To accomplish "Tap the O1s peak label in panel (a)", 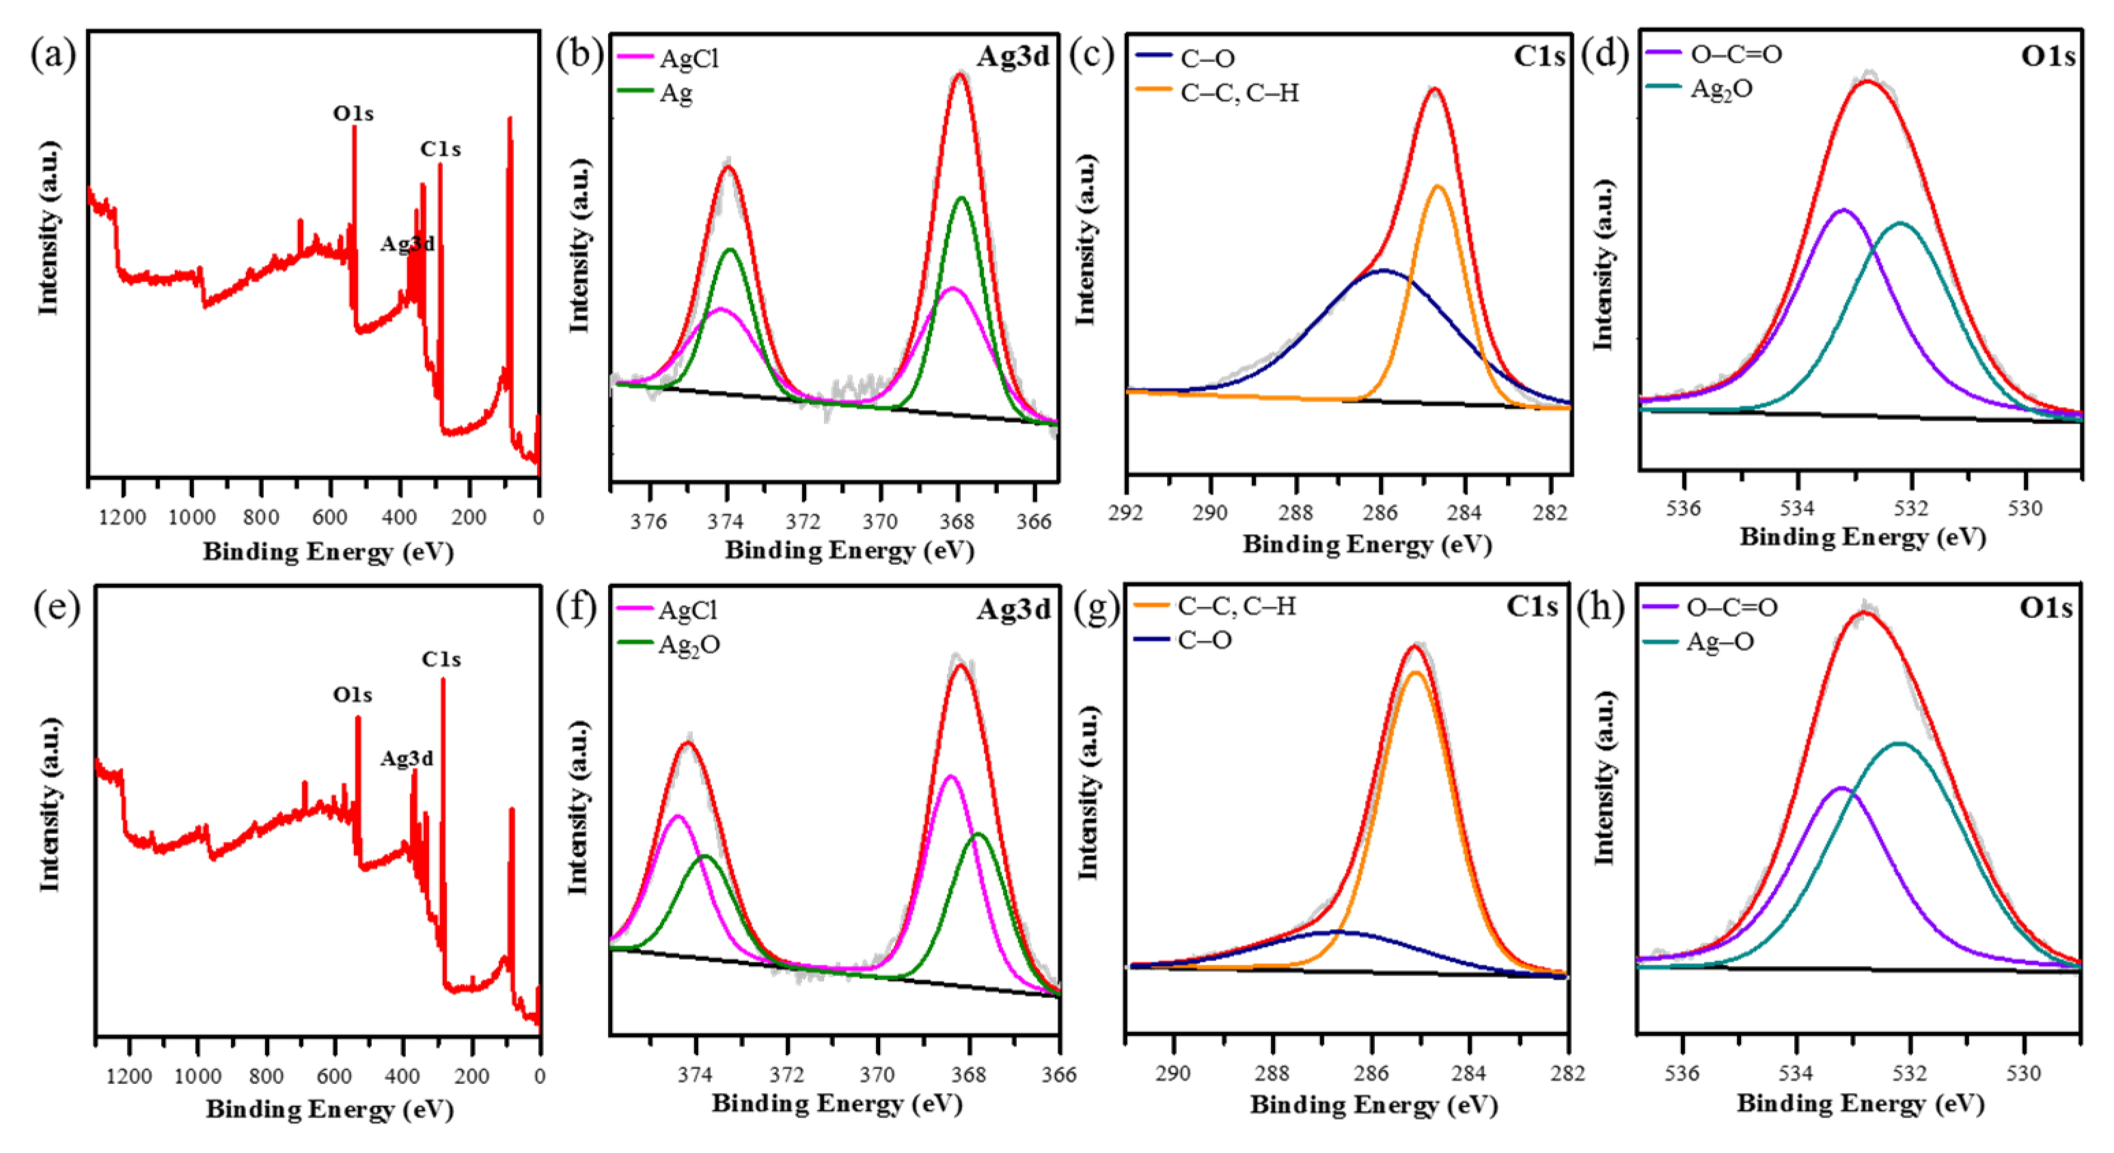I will point(353,113).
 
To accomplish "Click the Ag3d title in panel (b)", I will point(1013,56).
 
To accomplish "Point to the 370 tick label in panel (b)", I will point(880,521).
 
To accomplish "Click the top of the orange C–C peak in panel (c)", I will point(1438,187).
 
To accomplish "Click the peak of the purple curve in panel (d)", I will point(1844,210).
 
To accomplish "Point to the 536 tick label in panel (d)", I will point(1683,508).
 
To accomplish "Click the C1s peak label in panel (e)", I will point(441,659).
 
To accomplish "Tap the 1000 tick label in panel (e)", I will point(197,1076).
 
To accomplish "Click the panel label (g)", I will point(1097,608).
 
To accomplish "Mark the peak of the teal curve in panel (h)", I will point(1899,743).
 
